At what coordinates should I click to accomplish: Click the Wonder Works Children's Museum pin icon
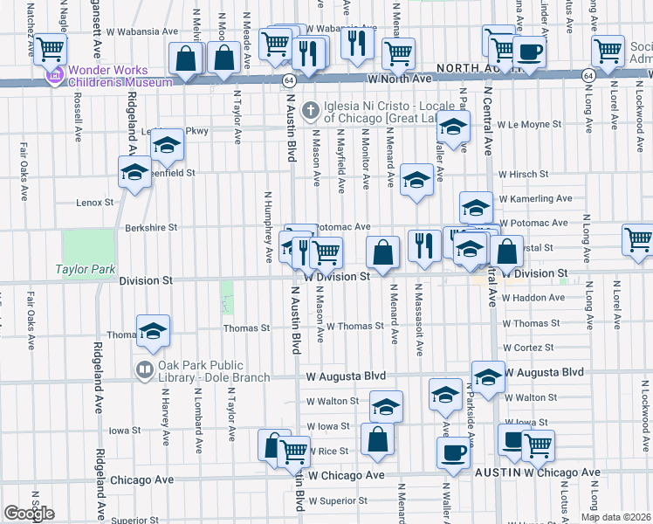[54, 77]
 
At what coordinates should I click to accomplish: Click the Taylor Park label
[86, 269]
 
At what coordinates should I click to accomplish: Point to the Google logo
[29, 513]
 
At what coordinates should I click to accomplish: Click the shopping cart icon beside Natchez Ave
[50, 48]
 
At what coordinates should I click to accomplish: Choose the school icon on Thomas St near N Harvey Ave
[153, 330]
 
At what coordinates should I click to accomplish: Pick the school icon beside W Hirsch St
[416, 180]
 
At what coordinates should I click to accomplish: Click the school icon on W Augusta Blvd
[488, 376]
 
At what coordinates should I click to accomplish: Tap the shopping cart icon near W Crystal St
[638, 238]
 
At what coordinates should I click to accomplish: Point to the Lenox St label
[95, 202]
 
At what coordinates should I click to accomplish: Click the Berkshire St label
[151, 227]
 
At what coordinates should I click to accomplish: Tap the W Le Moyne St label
[528, 125]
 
